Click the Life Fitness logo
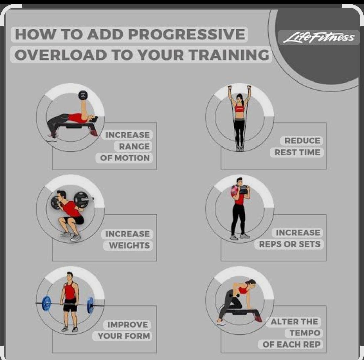(319, 38)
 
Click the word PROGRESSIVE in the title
(187, 34)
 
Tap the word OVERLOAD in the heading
(60, 55)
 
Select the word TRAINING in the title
(229, 55)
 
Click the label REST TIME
(297, 152)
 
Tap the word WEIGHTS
(129, 246)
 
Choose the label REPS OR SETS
(290, 244)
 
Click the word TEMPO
(305, 333)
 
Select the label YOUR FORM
(124, 336)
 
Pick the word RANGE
(134, 146)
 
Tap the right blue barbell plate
(91, 305)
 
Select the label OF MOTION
(125, 158)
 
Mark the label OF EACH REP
(291, 345)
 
